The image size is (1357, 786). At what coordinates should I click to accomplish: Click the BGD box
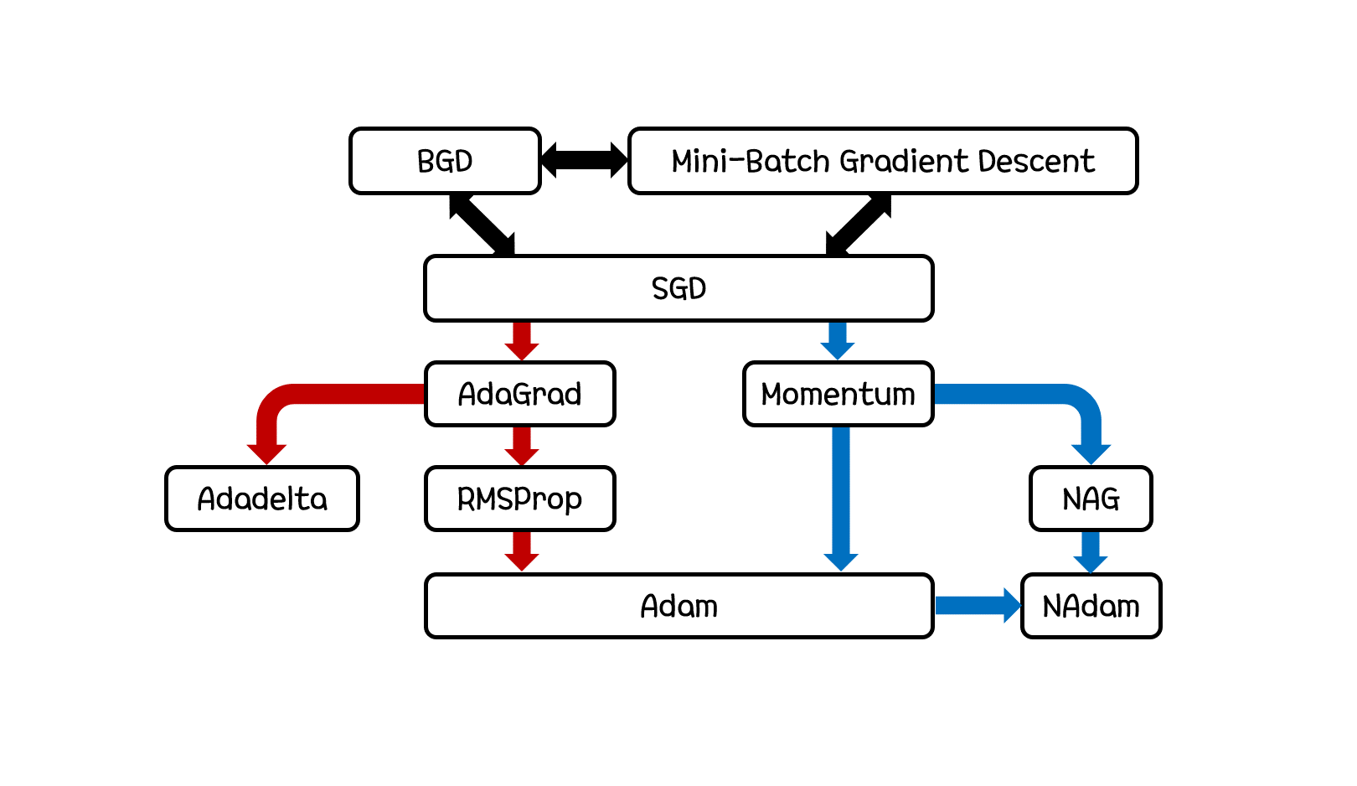tap(446, 161)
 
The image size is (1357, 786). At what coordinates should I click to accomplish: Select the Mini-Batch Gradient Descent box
tap(883, 161)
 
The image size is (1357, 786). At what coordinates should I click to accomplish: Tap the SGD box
tap(678, 288)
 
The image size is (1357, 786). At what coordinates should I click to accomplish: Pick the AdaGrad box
tap(520, 394)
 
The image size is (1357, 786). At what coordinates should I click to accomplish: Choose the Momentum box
tap(838, 394)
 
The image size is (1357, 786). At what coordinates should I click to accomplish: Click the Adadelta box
tap(262, 499)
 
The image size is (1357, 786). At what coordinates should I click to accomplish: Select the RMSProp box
tap(520, 499)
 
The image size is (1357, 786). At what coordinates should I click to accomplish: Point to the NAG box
tap(1091, 499)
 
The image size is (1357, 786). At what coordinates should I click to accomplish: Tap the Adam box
tap(678, 606)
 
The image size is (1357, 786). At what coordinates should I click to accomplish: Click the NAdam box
tap(1091, 606)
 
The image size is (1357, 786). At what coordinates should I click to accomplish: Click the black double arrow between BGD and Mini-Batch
tap(584, 161)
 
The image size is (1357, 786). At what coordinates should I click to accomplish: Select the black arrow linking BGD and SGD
tap(482, 225)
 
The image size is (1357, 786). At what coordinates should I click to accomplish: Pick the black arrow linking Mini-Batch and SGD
tap(859, 225)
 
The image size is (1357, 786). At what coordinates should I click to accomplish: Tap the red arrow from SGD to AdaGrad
tap(522, 340)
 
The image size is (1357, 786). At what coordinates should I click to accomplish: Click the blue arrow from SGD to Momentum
tap(838, 340)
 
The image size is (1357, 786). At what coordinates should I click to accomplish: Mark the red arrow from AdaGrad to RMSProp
tap(522, 447)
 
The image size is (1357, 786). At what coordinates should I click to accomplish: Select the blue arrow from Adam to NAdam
tap(978, 605)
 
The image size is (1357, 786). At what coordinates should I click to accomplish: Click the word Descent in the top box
tap(1036, 161)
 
